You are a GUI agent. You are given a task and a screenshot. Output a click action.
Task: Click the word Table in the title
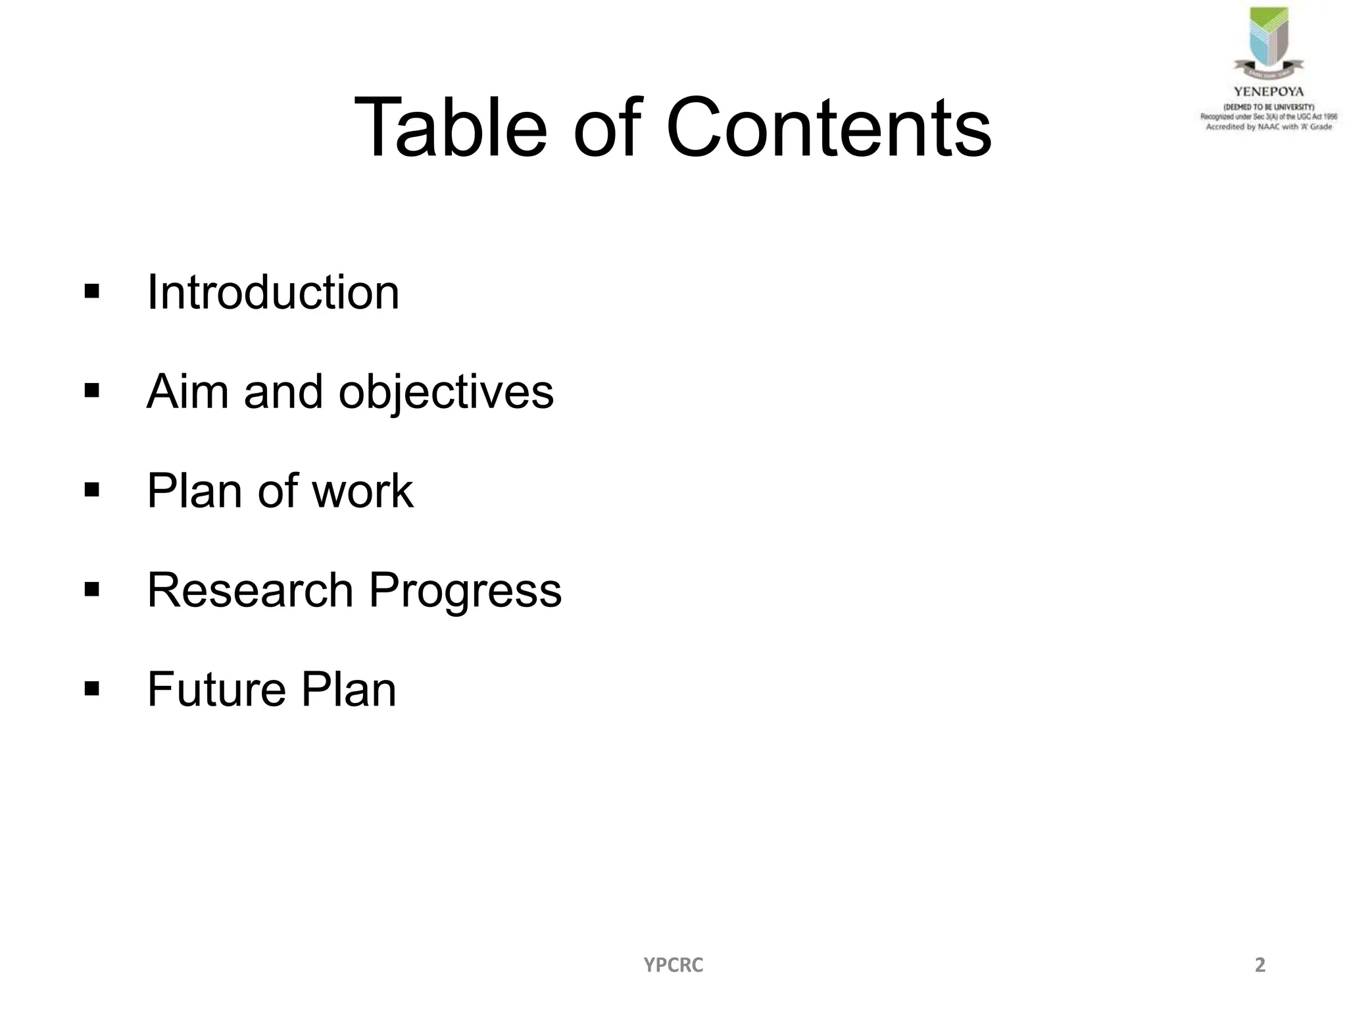pos(451,128)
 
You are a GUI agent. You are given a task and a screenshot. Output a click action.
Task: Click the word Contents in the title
pos(828,128)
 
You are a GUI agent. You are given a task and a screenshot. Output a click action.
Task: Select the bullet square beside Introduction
pos(92,291)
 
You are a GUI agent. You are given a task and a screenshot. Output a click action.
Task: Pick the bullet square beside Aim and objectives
pos(92,391)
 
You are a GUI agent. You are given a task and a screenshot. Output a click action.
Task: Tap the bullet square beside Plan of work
pos(92,490)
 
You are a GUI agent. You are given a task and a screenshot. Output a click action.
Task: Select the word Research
pos(250,590)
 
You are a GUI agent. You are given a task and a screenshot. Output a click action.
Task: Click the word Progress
pos(465,591)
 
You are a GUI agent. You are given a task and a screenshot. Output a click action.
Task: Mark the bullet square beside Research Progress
pos(92,590)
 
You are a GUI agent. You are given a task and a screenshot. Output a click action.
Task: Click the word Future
pos(216,689)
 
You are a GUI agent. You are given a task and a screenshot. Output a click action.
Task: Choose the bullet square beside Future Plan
pos(92,689)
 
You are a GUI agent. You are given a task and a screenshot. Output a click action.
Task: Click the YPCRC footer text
pos(673,965)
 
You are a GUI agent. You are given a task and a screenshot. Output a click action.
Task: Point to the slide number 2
pos(1260,965)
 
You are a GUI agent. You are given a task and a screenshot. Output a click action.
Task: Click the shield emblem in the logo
pos(1268,39)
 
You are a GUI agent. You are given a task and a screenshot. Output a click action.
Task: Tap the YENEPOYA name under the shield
pos(1268,92)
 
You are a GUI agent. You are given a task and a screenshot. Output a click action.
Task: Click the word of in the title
pos(606,128)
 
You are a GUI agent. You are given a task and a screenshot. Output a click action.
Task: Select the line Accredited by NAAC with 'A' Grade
pos(1269,127)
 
